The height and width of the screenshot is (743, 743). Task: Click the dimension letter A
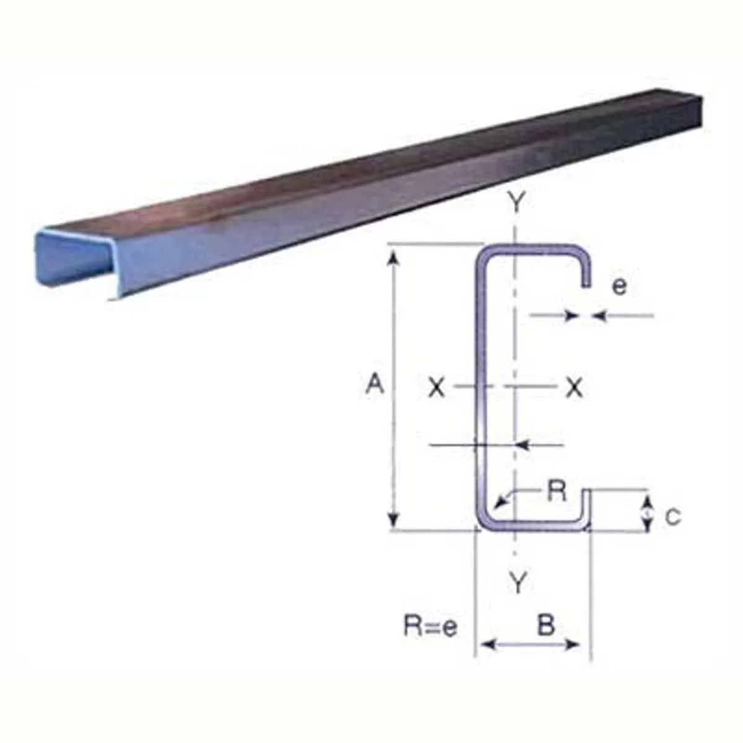point(375,385)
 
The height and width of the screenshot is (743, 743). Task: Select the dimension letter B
point(545,626)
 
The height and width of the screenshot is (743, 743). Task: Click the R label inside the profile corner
point(557,491)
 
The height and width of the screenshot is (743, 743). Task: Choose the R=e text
point(431,627)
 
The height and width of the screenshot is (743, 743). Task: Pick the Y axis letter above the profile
point(516,202)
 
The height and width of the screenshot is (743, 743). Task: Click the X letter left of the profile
point(437,388)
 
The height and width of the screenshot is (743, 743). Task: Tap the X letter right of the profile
point(575,388)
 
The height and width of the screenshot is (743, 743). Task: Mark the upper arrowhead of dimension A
point(393,255)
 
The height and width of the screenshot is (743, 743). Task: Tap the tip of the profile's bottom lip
point(586,492)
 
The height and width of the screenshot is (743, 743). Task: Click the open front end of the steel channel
point(74,260)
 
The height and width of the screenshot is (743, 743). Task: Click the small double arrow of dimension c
point(647,513)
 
